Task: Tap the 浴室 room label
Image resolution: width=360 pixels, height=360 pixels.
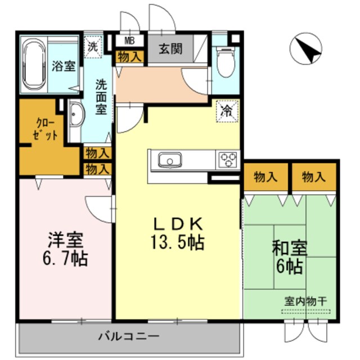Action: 64,65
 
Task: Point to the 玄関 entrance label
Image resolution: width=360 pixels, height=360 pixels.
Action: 170,49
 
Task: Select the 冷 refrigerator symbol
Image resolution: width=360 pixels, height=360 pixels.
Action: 227,110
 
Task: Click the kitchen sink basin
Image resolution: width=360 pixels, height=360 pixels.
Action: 169,161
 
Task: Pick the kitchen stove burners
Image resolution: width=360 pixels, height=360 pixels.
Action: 228,160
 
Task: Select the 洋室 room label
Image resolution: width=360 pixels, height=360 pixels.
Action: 66,240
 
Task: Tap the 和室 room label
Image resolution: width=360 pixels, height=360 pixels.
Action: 289,248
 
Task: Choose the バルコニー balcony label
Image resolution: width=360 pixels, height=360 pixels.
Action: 130,337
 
